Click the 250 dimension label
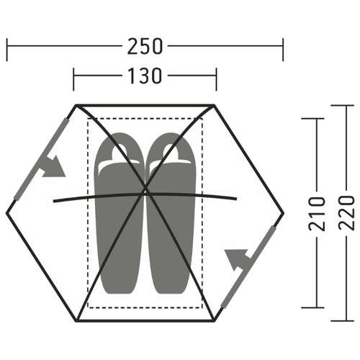(x=145, y=46)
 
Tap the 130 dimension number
(x=145, y=76)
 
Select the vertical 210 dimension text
(x=317, y=214)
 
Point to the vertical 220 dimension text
(x=346, y=213)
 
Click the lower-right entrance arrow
(x=238, y=259)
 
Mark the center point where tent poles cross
(x=145, y=192)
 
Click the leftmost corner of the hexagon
(x=6, y=212)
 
